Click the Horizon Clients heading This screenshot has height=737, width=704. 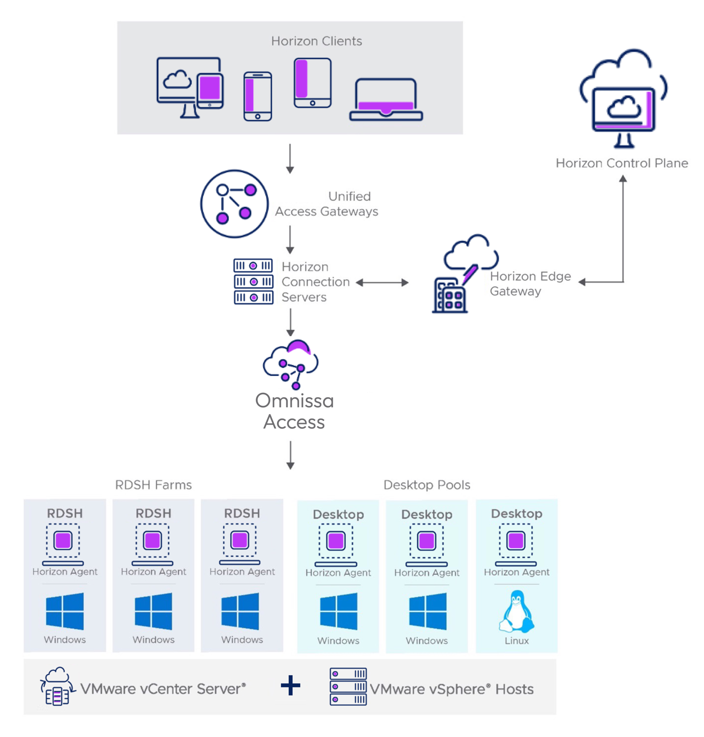pyautogui.click(x=317, y=41)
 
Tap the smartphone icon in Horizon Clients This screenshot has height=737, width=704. pyautogui.click(x=257, y=96)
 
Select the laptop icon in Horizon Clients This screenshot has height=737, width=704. pyautogui.click(x=386, y=100)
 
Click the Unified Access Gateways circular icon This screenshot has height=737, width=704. pyautogui.click(x=234, y=204)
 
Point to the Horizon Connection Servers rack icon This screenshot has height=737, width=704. pyautogui.click(x=253, y=281)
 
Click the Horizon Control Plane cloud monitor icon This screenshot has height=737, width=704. pyautogui.click(x=623, y=99)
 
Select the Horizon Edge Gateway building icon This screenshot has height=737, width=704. pyautogui.click(x=449, y=296)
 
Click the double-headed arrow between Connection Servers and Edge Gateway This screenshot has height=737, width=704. pyautogui.click(x=382, y=283)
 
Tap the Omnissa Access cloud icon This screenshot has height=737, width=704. pyautogui.click(x=291, y=365)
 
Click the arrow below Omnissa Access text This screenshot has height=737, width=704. pyautogui.click(x=291, y=455)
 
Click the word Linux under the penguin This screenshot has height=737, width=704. pyautogui.click(x=516, y=641)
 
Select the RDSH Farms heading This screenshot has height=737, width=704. pyautogui.click(x=153, y=485)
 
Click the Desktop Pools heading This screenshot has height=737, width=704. pyautogui.click(x=427, y=485)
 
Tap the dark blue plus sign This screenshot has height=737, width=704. pyautogui.click(x=290, y=686)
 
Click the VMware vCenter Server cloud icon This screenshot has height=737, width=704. pyautogui.click(x=58, y=686)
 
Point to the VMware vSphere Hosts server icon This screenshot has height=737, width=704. pyautogui.click(x=348, y=686)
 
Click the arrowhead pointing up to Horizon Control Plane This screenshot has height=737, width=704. pyautogui.click(x=623, y=179)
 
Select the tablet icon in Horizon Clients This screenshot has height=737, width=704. pyautogui.click(x=313, y=83)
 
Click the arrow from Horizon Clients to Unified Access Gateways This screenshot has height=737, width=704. pyautogui.click(x=290, y=159)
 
